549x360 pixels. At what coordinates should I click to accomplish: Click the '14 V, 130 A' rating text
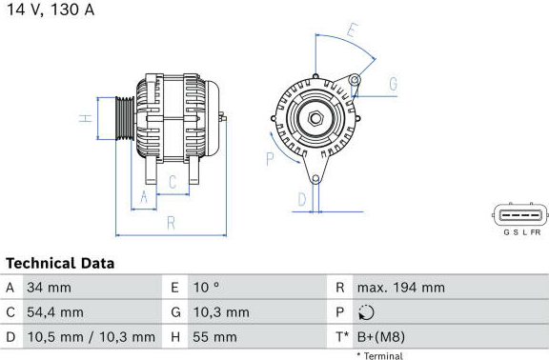click(51, 10)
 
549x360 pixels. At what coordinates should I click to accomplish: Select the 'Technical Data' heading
click(60, 264)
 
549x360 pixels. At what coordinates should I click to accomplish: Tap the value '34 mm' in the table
click(49, 288)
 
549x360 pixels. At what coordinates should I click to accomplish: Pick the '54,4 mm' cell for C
click(55, 312)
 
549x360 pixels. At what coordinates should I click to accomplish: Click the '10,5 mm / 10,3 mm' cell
click(91, 337)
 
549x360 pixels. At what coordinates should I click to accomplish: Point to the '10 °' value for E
click(206, 288)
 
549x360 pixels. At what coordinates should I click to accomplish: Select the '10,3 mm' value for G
click(221, 312)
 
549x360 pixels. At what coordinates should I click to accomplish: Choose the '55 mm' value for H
click(214, 337)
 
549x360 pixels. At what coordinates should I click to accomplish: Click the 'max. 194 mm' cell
click(401, 288)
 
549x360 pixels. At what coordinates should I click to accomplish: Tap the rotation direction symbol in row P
click(366, 312)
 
